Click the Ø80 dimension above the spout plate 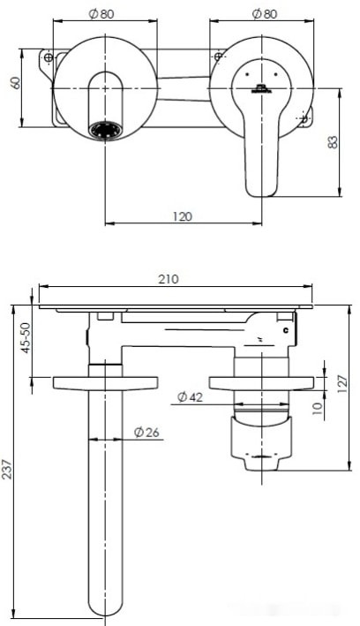coord(104,13)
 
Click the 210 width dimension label coord(169,278)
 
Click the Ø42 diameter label coord(190,396)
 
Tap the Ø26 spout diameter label coord(146,432)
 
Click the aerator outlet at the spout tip coord(106,130)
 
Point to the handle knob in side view coord(261,441)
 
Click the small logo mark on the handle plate coord(261,87)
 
